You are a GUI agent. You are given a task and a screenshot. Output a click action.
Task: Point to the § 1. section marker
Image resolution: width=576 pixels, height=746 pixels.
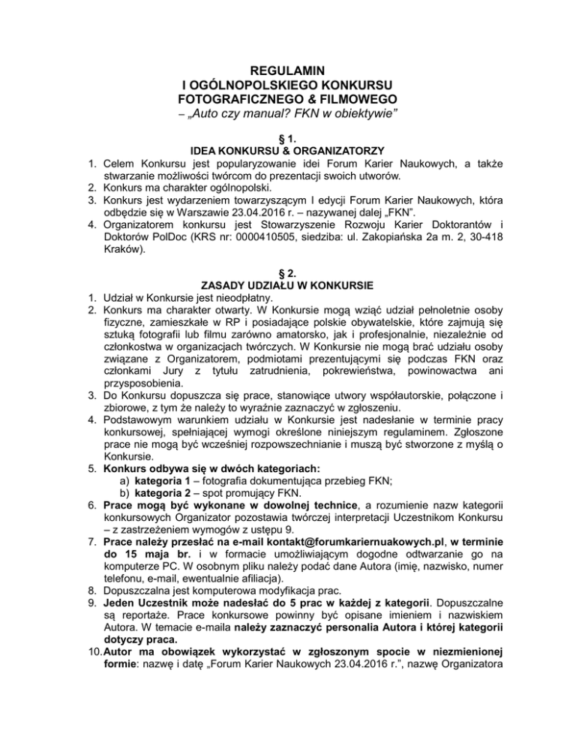click(x=287, y=139)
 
